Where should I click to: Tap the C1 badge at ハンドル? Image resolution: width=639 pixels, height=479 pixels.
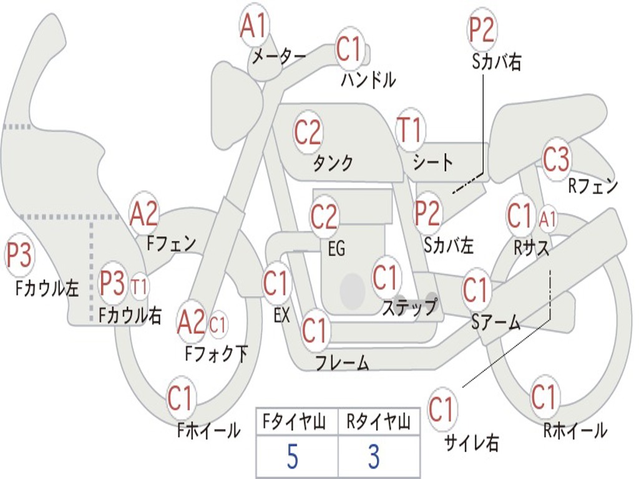tap(349, 48)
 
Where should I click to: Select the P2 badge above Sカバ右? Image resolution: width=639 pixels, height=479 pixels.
tap(482, 30)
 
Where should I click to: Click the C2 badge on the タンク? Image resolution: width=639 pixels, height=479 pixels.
tap(308, 132)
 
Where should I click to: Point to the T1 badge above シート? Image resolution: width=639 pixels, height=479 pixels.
tap(411, 130)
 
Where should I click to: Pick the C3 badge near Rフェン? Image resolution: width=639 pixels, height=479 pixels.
tap(556, 158)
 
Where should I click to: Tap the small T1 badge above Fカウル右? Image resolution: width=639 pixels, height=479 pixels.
tap(139, 286)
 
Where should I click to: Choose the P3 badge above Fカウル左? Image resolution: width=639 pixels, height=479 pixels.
tap(19, 255)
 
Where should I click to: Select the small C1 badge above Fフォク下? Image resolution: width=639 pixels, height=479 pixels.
tap(218, 325)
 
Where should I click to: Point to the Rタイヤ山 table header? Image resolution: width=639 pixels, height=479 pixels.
tap(378, 422)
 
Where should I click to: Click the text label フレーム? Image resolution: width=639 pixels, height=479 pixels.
tap(343, 362)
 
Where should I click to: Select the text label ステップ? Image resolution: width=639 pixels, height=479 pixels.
tap(409, 306)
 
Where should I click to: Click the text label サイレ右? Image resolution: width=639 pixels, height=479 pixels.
tap(472, 442)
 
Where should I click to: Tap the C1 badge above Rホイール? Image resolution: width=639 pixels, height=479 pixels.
tap(544, 397)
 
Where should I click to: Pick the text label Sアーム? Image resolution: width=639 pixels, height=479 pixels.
tap(496, 322)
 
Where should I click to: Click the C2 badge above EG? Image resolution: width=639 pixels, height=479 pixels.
tap(324, 216)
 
